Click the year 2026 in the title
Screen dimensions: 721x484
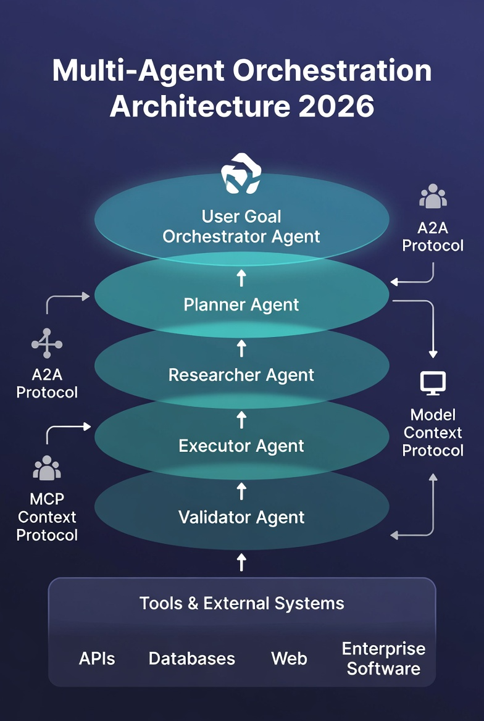(336, 106)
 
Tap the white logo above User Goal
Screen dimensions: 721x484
(241, 174)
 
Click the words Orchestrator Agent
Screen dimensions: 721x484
(241, 236)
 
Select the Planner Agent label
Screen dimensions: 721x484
(241, 304)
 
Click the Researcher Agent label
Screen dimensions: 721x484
(241, 375)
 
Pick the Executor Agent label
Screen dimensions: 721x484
(241, 446)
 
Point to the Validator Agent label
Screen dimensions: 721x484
(241, 517)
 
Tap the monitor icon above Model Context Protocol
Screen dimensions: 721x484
(433, 383)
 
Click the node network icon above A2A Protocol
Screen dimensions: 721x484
(47, 343)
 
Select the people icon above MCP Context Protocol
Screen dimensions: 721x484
(47, 468)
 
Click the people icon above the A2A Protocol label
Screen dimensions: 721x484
(433, 197)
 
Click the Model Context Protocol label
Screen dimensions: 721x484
(433, 432)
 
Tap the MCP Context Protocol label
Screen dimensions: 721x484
(47, 517)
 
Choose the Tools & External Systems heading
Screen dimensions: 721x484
(241, 603)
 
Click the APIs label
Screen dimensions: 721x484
(97, 659)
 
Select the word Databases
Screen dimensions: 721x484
(192, 659)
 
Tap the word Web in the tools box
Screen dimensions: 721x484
(289, 659)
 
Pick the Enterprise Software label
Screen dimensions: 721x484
(383, 659)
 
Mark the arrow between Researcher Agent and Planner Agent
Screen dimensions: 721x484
(241, 349)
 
